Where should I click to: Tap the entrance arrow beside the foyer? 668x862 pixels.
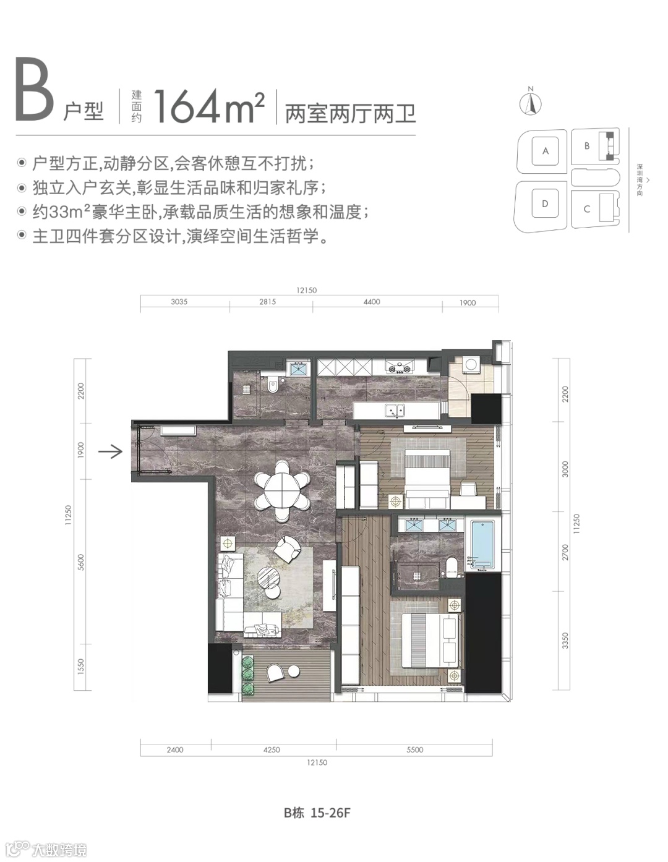tap(110, 451)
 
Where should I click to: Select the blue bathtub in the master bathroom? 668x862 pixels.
tap(482, 545)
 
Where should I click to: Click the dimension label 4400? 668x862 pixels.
tap(372, 302)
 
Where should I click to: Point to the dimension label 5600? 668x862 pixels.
tap(81, 562)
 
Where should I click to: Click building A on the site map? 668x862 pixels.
tap(546, 151)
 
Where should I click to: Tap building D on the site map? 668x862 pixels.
tap(545, 203)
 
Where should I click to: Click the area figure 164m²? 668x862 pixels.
tap(209, 106)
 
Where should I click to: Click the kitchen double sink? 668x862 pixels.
tap(395, 410)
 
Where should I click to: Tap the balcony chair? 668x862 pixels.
tap(275, 673)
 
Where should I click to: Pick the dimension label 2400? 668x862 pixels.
tap(175, 749)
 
